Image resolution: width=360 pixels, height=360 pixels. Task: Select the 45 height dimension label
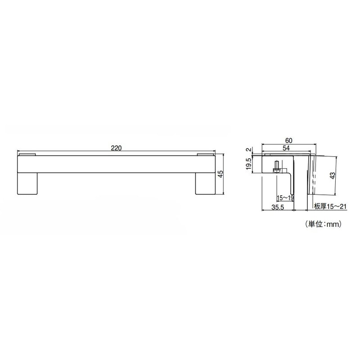pos(220,175)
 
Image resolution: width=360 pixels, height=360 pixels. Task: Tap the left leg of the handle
pos(27,184)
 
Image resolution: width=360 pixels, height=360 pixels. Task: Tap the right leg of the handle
pos(205,184)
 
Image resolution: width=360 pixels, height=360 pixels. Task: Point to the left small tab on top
pos(27,154)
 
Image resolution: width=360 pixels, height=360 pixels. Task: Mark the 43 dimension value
pos(333,176)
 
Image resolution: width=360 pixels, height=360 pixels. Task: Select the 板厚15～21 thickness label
pos(331,207)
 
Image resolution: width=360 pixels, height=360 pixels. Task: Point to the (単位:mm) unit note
pos(324,223)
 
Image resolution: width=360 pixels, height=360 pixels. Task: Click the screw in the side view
pos(276,167)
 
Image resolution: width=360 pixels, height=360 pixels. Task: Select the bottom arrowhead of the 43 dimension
pos(337,193)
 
